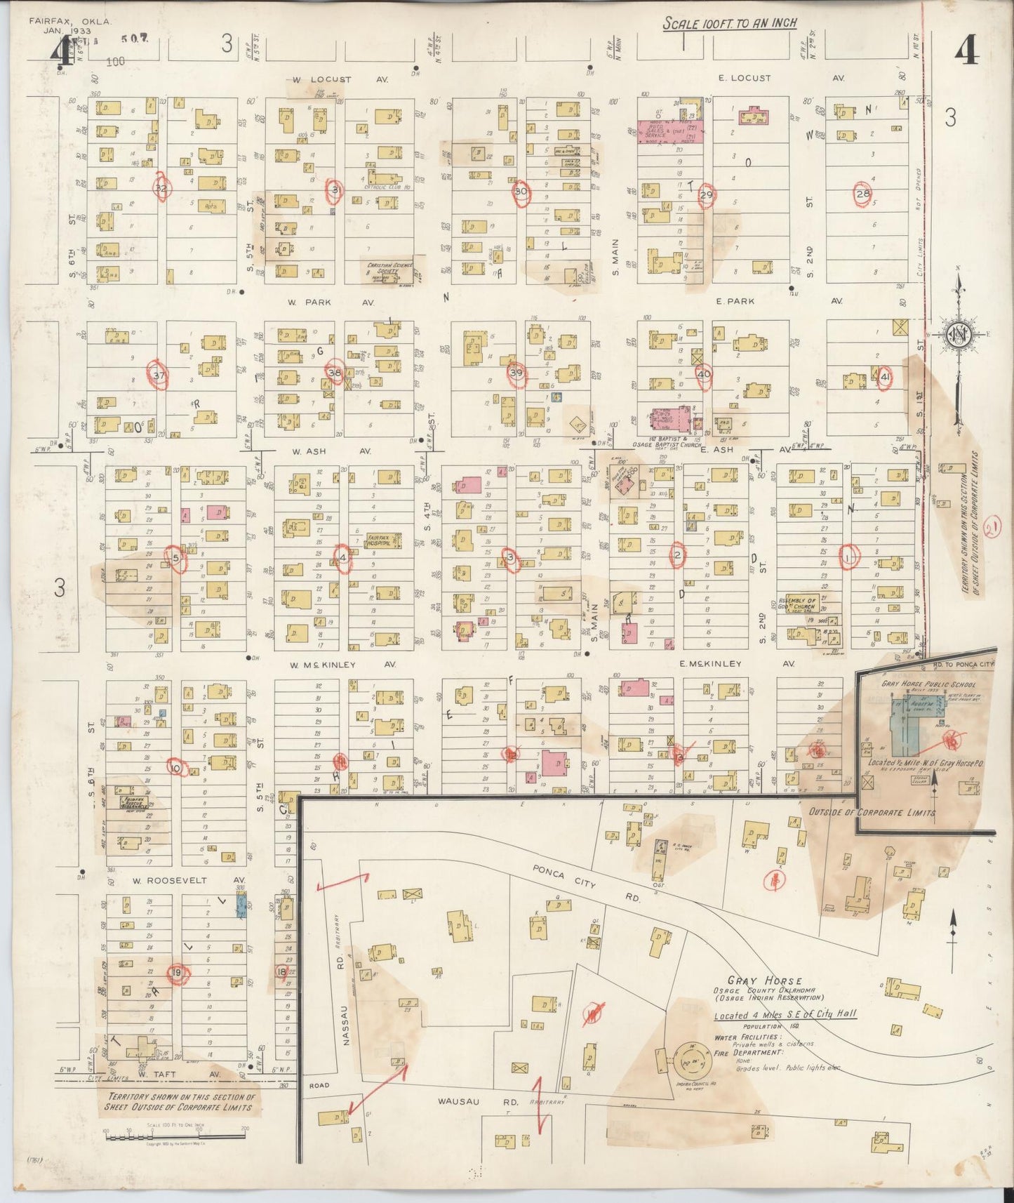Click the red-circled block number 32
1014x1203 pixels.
tap(161, 188)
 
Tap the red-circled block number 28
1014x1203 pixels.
tap(862, 194)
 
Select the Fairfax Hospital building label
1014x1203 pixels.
tap(383, 541)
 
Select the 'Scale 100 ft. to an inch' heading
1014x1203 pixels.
tap(730, 23)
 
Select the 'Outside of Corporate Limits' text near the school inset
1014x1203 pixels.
tap(872, 812)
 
